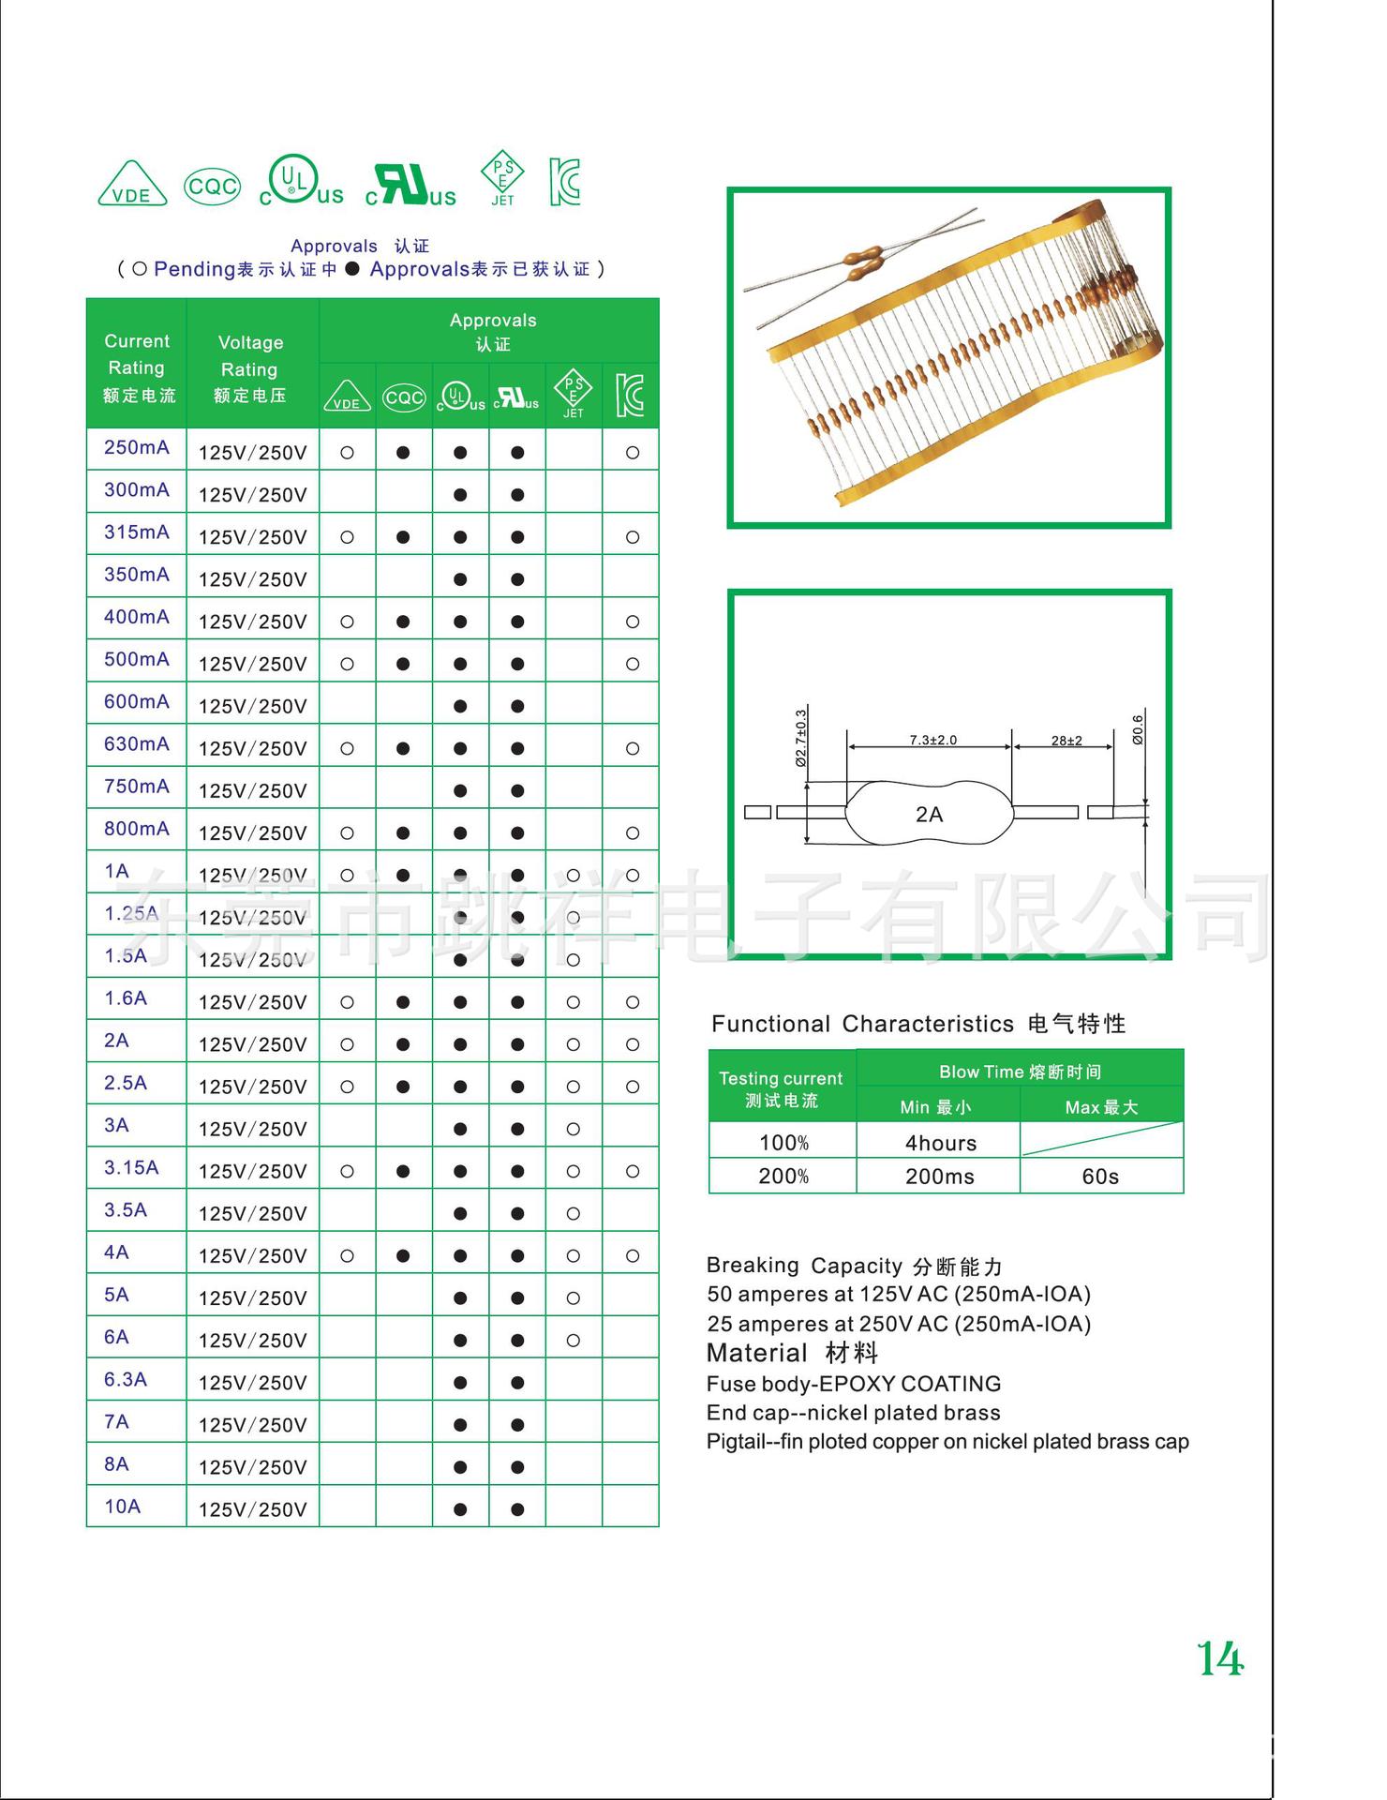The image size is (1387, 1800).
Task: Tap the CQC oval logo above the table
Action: (212, 187)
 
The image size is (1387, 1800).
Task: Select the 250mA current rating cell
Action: (137, 448)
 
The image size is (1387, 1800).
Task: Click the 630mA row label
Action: (137, 744)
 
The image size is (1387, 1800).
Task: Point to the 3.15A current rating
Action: (131, 1168)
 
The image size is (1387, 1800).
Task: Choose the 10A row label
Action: (123, 1507)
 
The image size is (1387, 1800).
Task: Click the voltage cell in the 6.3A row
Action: (252, 1383)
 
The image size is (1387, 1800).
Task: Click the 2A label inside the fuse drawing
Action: (929, 815)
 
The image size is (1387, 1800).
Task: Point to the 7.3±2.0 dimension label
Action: (932, 741)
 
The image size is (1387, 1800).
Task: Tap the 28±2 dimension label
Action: (1066, 741)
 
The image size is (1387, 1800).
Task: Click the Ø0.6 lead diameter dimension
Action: (1138, 729)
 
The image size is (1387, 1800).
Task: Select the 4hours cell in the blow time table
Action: (940, 1143)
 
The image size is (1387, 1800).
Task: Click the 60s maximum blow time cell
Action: (1100, 1177)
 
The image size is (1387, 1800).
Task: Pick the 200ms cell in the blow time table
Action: (939, 1177)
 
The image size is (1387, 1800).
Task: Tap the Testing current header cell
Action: (782, 1088)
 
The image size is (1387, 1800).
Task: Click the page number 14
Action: (1220, 1659)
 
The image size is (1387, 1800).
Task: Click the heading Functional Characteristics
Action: (862, 1024)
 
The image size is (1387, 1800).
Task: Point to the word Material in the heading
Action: (756, 1353)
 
